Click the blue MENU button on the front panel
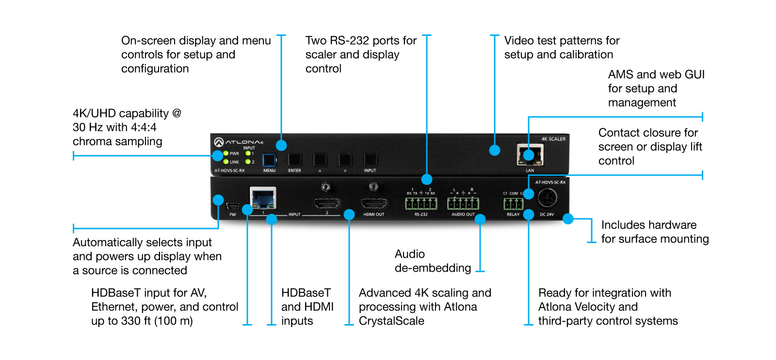(269, 160)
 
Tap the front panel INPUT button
(370, 160)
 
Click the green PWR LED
(226, 153)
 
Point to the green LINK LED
(226, 162)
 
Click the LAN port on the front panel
(530, 155)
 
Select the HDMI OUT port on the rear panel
(374, 203)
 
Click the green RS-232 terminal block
(421, 203)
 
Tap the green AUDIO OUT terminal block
(463, 203)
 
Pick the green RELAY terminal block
(514, 204)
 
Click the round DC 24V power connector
(547, 198)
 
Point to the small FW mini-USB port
(233, 206)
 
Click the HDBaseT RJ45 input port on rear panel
(263, 198)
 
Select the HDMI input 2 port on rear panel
(327, 203)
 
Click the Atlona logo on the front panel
(238, 142)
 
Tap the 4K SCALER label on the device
(553, 139)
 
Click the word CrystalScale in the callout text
(391, 321)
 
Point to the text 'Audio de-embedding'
(433, 261)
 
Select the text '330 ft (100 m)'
(157, 321)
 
